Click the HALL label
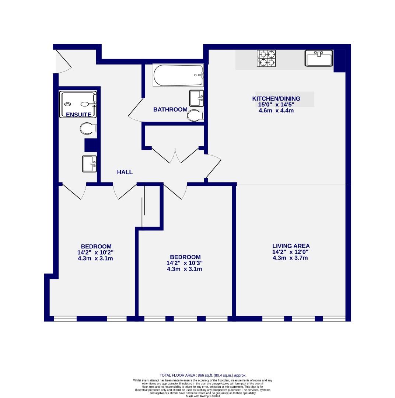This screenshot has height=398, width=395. pos(125,172)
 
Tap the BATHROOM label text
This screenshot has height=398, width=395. pos(170,109)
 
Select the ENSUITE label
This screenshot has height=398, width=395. pos(78,115)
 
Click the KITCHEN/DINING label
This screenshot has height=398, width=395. pos(276,98)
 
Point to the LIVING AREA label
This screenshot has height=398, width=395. pos(291,246)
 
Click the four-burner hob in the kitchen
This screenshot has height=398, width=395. pos(266,58)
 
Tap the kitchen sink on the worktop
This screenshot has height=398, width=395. pos(319,58)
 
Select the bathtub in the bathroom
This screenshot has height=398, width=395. pos(178,76)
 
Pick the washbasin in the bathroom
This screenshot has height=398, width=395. pos(196,98)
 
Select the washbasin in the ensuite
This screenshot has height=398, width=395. pos(89,164)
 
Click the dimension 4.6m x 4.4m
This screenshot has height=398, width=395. pos(276,110)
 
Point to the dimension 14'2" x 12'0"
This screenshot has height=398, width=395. pos(291,252)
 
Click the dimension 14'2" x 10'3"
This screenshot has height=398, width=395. pos(185,263)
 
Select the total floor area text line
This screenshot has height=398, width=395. pos(203,375)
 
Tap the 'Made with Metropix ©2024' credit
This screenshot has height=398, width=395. pos(203,396)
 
